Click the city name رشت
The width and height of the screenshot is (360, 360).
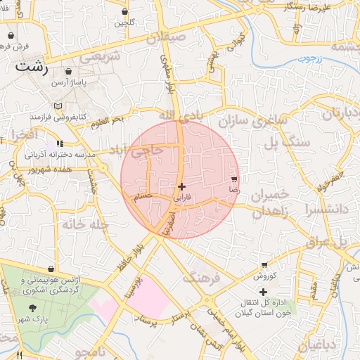coord(31,68)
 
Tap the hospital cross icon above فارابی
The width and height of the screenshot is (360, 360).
coord(182,186)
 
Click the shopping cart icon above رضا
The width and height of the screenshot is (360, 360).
coord(234,179)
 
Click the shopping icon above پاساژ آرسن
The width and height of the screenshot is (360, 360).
coord(68,72)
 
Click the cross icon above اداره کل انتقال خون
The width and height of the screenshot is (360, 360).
coord(263,292)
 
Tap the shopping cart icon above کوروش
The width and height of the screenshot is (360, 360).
coord(264,265)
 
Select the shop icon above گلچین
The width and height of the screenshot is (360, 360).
coord(124,12)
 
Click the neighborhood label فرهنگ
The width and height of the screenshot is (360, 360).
coord(201,278)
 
